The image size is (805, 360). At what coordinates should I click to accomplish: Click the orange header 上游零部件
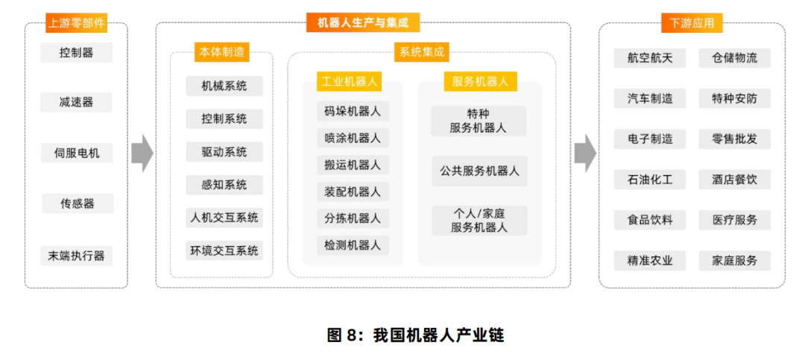coord(77,23)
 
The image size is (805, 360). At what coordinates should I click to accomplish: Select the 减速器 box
coord(77,102)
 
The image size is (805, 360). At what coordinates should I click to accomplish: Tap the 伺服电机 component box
coord(77,153)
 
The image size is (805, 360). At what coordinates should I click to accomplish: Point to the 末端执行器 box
coord(77,256)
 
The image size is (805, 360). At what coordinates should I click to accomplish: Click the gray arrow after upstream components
coord(142,154)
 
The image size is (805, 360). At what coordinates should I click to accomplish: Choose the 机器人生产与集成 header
coord(363,22)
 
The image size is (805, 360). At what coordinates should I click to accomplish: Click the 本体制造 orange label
coord(222,52)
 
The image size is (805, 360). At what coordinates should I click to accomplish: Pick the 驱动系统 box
coord(224,152)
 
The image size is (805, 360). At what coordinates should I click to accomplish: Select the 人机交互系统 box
coord(224,218)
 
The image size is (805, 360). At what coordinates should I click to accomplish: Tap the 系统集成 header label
coord(422,52)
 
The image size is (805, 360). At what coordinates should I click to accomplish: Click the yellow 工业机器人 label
coord(349,82)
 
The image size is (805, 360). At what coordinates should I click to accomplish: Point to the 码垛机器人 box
coord(353,112)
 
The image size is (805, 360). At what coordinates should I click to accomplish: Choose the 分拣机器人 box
coord(353,218)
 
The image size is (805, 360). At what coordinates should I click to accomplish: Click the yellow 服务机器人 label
coord(480,82)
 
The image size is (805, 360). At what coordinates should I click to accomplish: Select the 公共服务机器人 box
coord(479,171)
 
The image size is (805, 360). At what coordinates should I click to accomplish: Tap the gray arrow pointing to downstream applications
coord(585,154)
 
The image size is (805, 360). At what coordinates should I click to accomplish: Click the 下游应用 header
coord(692,23)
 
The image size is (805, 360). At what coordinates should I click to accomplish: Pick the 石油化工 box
coord(649,180)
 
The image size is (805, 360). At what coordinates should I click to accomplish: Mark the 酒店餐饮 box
coord(735,180)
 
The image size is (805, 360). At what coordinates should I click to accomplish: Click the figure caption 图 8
coord(415,335)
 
